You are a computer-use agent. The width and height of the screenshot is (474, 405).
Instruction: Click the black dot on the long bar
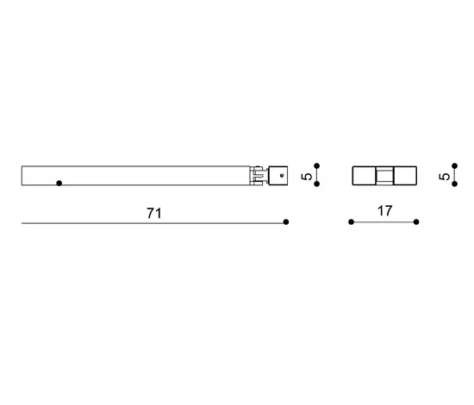tap(59, 184)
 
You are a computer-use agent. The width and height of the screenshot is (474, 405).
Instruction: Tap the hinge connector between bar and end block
tap(259, 176)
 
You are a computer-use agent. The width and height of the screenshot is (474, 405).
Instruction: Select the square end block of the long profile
tap(278, 176)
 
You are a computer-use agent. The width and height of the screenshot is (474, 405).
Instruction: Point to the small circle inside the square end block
tap(282, 176)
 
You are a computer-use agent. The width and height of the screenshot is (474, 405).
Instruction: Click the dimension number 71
tap(154, 213)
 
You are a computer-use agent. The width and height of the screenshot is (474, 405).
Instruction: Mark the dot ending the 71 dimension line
tap(286, 222)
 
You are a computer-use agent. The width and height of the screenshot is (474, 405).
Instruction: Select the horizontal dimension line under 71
tap(154, 223)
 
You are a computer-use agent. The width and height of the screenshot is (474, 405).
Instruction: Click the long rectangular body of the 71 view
tap(136, 176)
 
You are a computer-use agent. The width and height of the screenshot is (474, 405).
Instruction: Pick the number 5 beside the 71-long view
tap(307, 176)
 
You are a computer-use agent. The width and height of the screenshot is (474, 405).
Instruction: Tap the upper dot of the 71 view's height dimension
tap(317, 166)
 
